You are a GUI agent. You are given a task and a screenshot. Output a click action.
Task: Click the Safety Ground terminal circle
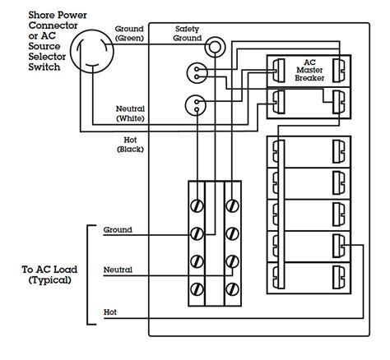(215, 47)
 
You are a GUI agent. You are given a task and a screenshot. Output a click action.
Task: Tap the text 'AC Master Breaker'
(309, 70)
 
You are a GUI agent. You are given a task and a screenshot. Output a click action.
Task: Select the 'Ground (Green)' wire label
(129, 34)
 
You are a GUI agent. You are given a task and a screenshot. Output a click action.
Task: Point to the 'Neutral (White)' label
(130, 113)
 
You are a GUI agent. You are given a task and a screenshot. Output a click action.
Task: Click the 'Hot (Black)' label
(130, 145)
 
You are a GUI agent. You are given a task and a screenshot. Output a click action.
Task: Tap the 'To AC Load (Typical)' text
(49, 275)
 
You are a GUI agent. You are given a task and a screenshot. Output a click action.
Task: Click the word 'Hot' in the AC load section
(110, 312)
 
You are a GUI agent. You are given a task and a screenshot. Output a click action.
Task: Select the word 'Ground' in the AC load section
(118, 230)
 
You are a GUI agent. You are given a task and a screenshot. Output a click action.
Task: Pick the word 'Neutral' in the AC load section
(118, 270)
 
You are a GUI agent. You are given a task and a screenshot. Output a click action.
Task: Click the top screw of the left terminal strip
(197, 206)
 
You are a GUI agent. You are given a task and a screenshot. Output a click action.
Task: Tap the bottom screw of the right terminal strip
(232, 289)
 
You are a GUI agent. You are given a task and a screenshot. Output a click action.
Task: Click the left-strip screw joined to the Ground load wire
(197, 234)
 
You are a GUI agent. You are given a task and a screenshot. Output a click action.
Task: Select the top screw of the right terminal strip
(232, 206)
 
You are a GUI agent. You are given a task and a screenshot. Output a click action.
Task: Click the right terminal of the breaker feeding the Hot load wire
(339, 246)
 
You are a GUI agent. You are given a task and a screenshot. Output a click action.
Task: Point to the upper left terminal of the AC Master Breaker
(279, 71)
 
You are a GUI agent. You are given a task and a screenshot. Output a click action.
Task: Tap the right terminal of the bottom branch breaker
(339, 277)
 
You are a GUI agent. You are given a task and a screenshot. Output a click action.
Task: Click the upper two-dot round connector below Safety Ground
(197, 73)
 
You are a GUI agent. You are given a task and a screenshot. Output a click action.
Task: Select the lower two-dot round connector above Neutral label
(195, 105)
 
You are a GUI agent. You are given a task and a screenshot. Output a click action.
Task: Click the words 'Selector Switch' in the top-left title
(47, 62)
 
